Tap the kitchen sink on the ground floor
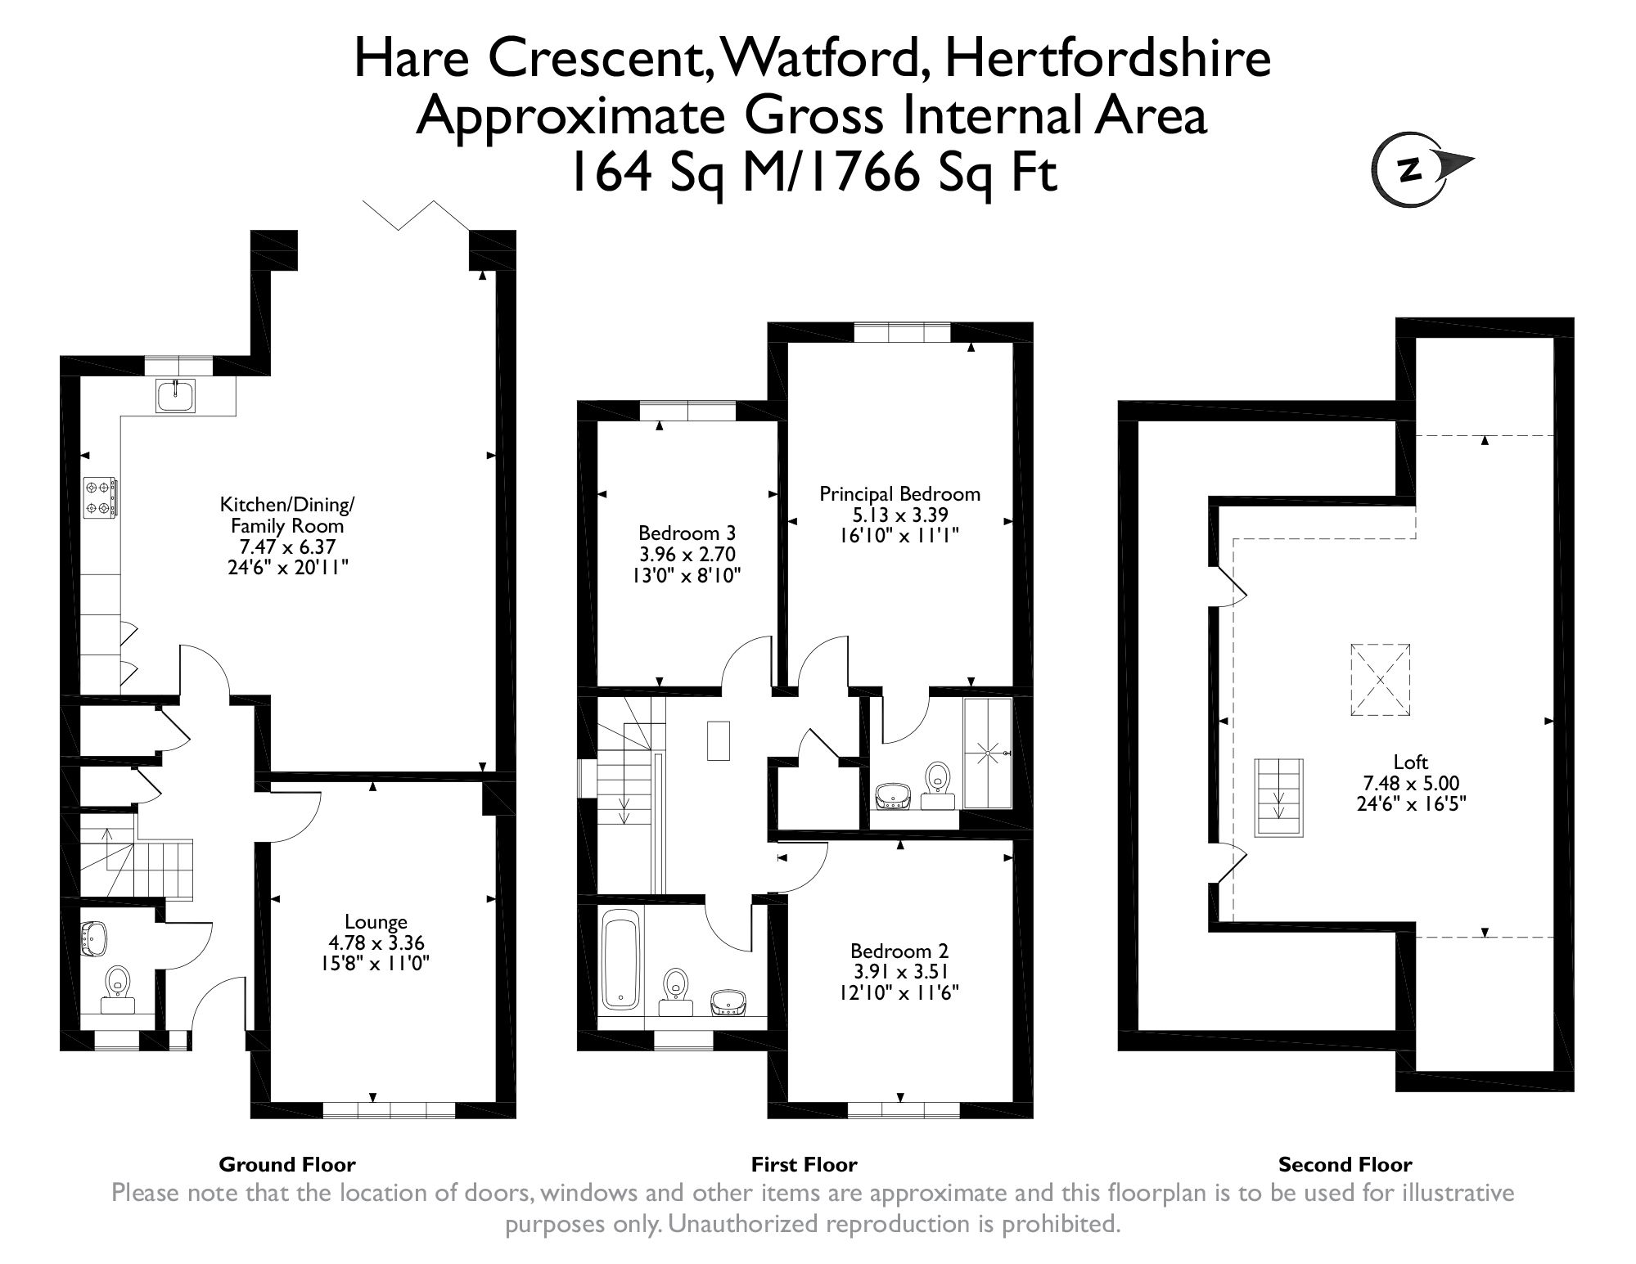point(175,396)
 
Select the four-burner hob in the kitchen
point(100,497)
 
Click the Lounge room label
point(376,922)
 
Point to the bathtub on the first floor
point(621,961)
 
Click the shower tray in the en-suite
point(989,752)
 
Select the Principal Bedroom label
point(899,494)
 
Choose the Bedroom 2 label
point(899,951)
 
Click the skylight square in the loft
point(1380,680)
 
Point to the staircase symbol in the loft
point(1278,798)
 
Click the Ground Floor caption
point(287,1164)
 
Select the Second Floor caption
point(1345,1164)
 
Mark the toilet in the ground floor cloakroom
point(119,989)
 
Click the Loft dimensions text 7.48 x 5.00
point(1410,782)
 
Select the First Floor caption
point(804,1164)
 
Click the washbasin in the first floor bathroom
point(728,1002)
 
